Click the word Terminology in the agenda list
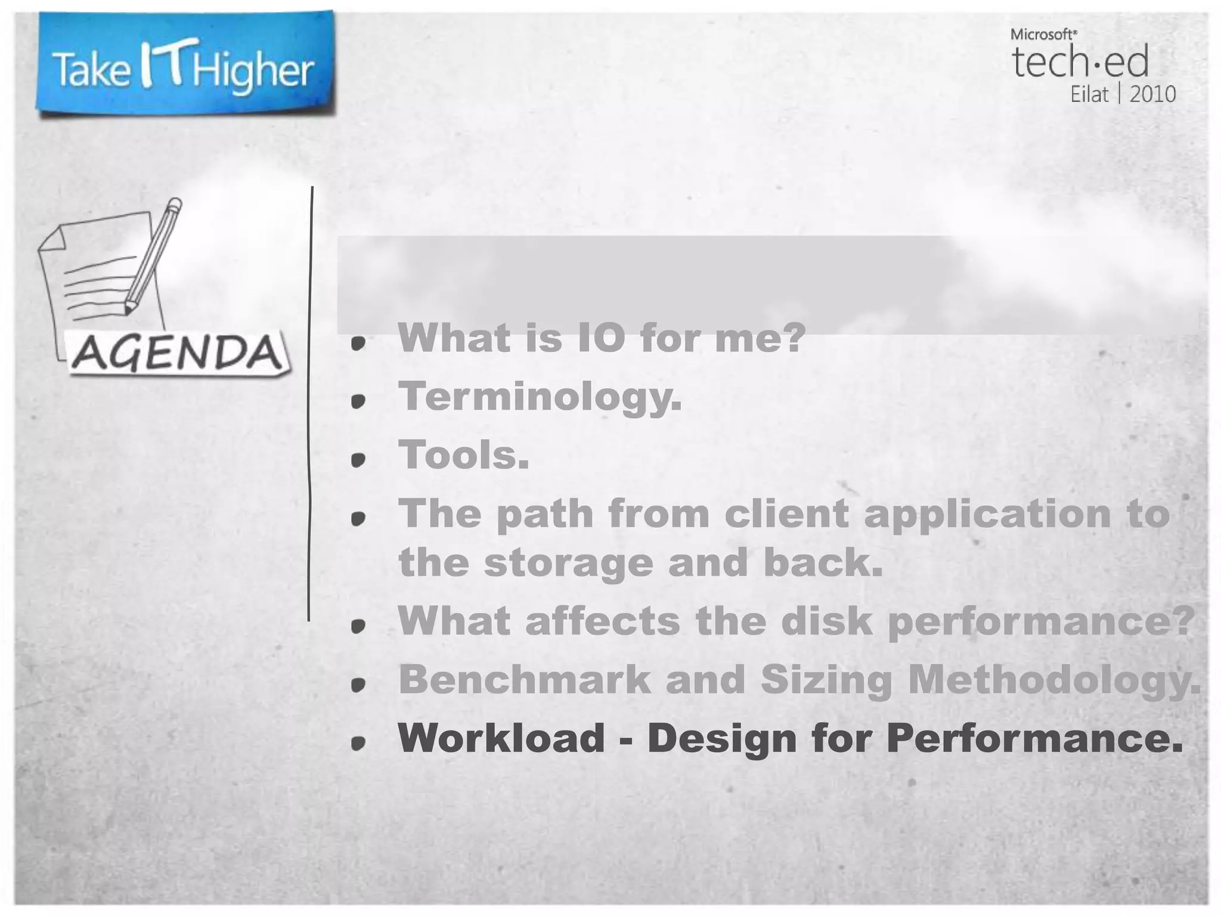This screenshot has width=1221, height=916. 539,397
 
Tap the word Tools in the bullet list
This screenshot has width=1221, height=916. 463,455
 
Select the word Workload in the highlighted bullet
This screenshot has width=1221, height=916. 501,738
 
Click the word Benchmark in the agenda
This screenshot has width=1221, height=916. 525,679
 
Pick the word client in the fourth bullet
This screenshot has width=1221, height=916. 786,513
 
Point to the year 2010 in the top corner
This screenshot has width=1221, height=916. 1152,95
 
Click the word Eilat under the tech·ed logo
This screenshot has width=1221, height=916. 1089,95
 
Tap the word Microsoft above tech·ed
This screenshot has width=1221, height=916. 1043,35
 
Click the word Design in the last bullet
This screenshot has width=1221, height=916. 722,738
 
